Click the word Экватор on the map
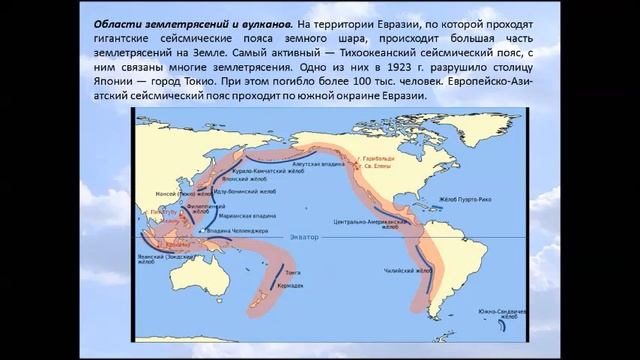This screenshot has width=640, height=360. click(305, 236)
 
